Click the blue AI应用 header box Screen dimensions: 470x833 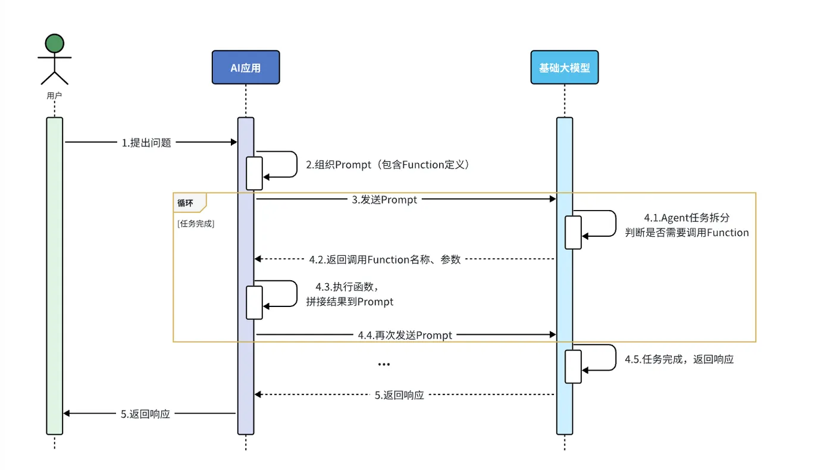[246, 67]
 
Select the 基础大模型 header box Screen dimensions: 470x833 [564, 67]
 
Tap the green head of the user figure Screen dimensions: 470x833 [54, 43]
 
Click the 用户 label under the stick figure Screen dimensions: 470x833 [54, 95]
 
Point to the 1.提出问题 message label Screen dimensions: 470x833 [146, 143]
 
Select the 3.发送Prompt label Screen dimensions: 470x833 [384, 200]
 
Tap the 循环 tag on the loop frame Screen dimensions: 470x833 [185, 202]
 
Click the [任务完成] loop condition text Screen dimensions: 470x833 [196, 224]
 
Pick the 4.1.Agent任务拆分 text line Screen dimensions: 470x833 [687, 218]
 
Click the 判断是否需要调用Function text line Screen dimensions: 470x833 [687, 233]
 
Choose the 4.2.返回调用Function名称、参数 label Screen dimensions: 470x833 [385, 259]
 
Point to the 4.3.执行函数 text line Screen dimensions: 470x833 [353, 287]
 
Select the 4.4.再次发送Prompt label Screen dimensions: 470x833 [405, 336]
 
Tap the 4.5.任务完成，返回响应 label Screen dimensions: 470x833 [679, 359]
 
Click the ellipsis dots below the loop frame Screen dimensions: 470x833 [384, 364]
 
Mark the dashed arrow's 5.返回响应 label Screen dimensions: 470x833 [399, 394]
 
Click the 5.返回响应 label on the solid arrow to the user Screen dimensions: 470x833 [146, 414]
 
